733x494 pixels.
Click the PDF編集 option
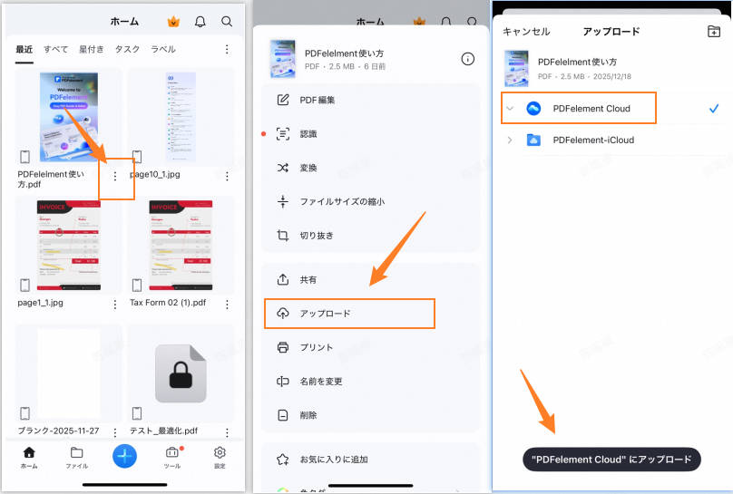pyautogui.click(x=318, y=100)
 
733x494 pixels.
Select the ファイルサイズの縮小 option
pyautogui.click(x=342, y=201)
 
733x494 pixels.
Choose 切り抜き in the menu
pyautogui.click(x=317, y=236)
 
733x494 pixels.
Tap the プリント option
pyautogui.click(x=317, y=348)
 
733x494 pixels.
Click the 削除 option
pyautogui.click(x=308, y=415)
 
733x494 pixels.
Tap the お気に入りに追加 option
pyautogui.click(x=334, y=460)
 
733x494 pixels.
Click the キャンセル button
pyautogui.click(x=526, y=32)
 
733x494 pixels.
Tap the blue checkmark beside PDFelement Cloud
pyautogui.click(x=714, y=109)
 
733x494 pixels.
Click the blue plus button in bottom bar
pyautogui.click(x=125, y=455)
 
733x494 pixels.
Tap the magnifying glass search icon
pyautogui.click(x=227, y=21)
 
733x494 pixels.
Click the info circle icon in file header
pyautogui.click(x=467, y=59)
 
